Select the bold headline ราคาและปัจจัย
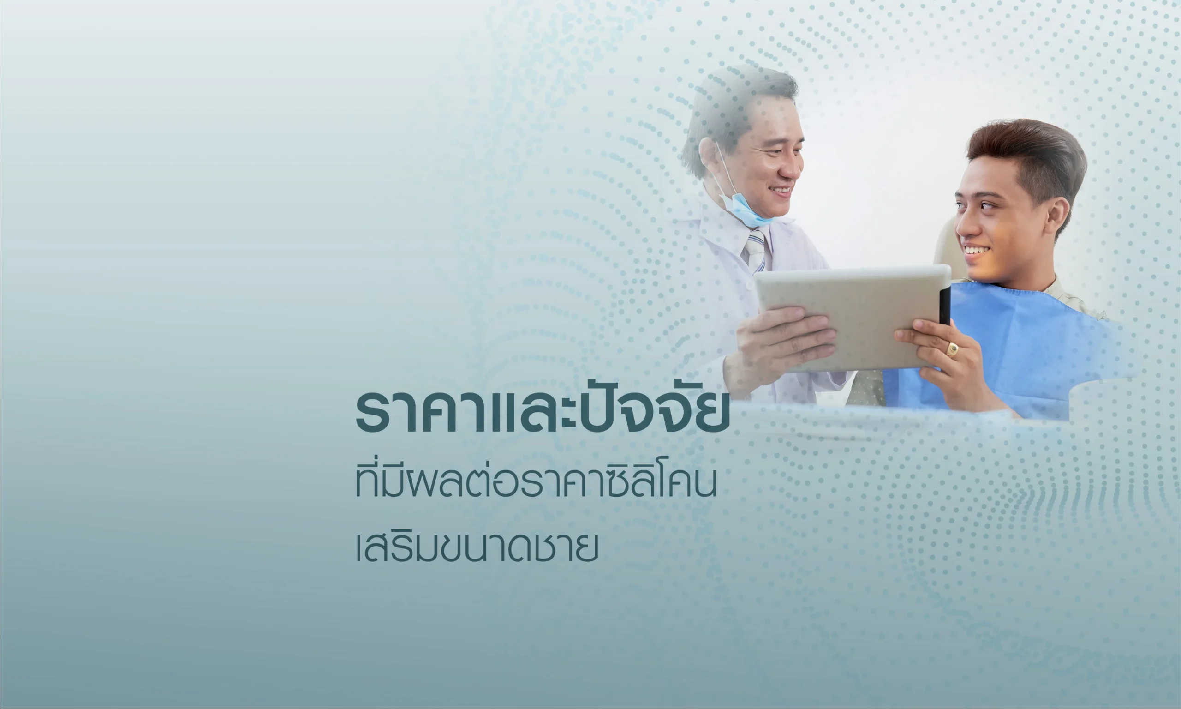coord(543,411)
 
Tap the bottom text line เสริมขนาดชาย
coord(477,547)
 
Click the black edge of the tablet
coord(945,306)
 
